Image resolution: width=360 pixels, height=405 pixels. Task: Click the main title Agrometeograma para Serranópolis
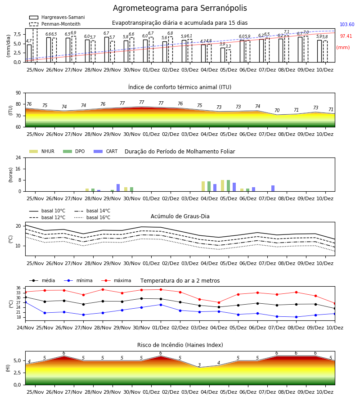tap(180, 8)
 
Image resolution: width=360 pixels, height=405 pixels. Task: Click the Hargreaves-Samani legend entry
tap(57, 17)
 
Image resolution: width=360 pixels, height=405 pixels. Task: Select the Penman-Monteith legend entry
tap(55, 24)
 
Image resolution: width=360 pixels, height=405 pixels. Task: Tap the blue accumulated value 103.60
tap(347, 25)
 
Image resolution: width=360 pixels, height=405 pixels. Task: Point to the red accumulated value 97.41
tap(346, 36)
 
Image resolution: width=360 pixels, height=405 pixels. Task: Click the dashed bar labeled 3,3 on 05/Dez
tap(228, 56)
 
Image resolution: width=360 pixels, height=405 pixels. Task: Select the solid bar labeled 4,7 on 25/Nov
tap(29, 54)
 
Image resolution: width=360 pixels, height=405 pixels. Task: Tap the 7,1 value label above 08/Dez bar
tap(287, 32)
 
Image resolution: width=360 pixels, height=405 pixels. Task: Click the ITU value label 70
tap(277, 110)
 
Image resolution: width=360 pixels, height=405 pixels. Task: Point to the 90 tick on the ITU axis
tap(18, 93)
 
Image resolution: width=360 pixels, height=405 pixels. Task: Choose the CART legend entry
tap(106, 151)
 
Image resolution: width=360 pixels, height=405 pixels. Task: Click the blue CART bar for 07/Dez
tap(273, 189)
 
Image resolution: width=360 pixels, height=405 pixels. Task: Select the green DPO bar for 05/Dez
tap(228, 186)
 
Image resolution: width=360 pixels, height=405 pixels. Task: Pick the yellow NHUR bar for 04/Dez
tap(203, 186)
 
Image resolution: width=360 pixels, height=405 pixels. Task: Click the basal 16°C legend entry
tap(92, 217)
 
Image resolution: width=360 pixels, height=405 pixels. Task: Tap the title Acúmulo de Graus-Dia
tap(180, 216)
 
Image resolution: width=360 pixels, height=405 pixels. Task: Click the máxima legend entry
tap(116, 280)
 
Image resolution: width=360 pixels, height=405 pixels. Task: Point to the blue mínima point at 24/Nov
tap(25, 301)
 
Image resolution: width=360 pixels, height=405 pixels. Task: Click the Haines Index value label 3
tap(199, 365)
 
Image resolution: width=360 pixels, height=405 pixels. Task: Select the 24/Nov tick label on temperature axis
tap(25, 328)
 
